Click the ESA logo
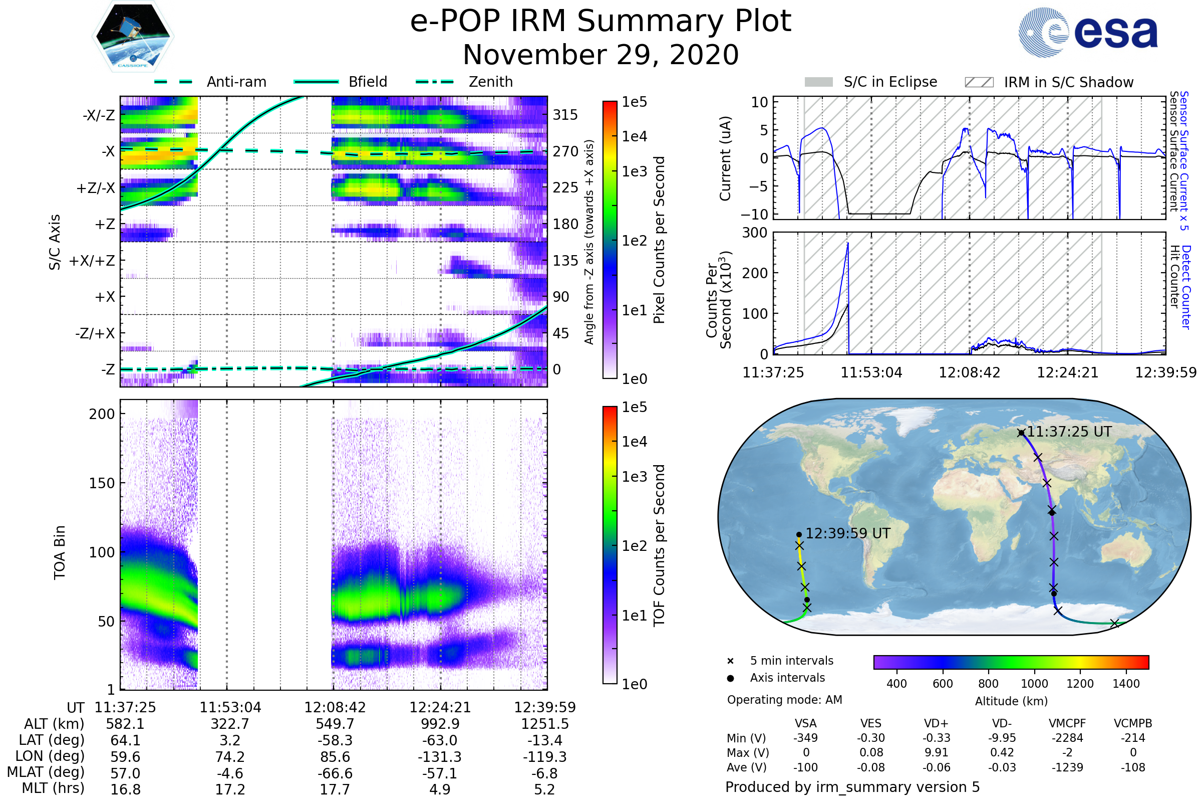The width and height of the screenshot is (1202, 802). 1088,32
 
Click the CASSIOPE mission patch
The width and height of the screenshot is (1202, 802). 133,36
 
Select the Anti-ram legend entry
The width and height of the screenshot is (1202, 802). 210,82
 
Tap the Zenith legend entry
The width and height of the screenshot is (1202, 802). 464,82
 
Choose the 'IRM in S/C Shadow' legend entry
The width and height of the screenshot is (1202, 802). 1049,82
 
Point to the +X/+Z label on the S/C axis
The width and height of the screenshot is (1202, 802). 92,261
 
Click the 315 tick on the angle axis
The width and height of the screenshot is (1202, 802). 565,115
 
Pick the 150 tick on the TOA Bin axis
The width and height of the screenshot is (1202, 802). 102,483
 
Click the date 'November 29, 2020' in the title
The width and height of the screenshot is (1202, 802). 600,55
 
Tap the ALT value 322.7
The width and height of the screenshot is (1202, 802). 230,724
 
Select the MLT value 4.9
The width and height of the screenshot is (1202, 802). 440,789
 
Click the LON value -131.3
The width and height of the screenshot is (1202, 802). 440,756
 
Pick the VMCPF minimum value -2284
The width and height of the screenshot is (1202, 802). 1067,738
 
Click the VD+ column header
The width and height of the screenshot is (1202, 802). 936,724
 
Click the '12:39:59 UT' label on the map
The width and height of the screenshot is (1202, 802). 848,533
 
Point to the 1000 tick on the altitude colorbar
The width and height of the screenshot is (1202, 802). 1034,684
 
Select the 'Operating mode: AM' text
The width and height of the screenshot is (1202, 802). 784,700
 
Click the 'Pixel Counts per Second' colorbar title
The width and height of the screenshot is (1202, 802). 659,240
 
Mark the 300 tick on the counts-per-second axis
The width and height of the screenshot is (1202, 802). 755,233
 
